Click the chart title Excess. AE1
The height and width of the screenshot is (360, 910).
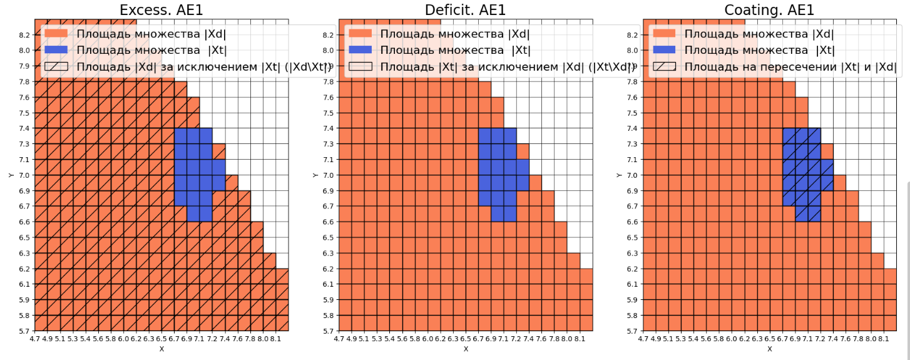161,10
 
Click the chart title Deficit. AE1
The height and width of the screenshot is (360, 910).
465,10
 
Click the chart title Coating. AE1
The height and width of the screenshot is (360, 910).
769,10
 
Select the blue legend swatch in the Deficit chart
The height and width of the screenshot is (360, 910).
360,50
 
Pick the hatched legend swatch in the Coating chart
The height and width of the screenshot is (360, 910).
664,66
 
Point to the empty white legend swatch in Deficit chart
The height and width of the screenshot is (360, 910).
360,66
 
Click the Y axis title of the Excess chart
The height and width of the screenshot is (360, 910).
12,175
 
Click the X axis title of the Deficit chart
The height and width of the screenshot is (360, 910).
466,349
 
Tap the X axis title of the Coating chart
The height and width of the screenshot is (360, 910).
770,349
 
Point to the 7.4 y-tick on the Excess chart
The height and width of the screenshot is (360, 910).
26,128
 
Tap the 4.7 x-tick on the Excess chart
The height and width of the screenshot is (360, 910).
34,339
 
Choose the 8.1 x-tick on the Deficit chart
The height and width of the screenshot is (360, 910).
580,339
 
